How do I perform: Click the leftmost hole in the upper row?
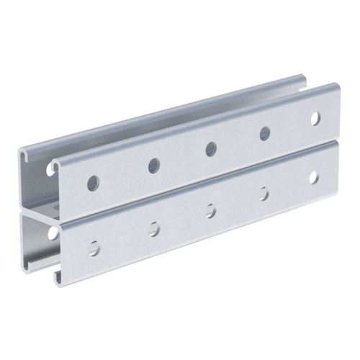tap(94, 184)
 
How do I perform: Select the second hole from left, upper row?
tap(154, 166)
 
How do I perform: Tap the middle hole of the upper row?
tap(211, 149)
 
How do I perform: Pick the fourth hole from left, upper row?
tap(265, 133)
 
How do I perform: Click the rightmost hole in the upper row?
tap(315, 117)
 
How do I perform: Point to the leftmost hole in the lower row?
tap(94, 248)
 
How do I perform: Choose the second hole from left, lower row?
tap(155, 229)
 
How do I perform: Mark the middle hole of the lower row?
tap(211, 211)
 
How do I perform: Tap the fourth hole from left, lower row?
tap(264, 194)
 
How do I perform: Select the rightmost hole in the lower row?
tap(314, 177)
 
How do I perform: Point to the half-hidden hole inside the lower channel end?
tap(53, 233)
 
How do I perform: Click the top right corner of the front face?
tap(338, 87)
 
